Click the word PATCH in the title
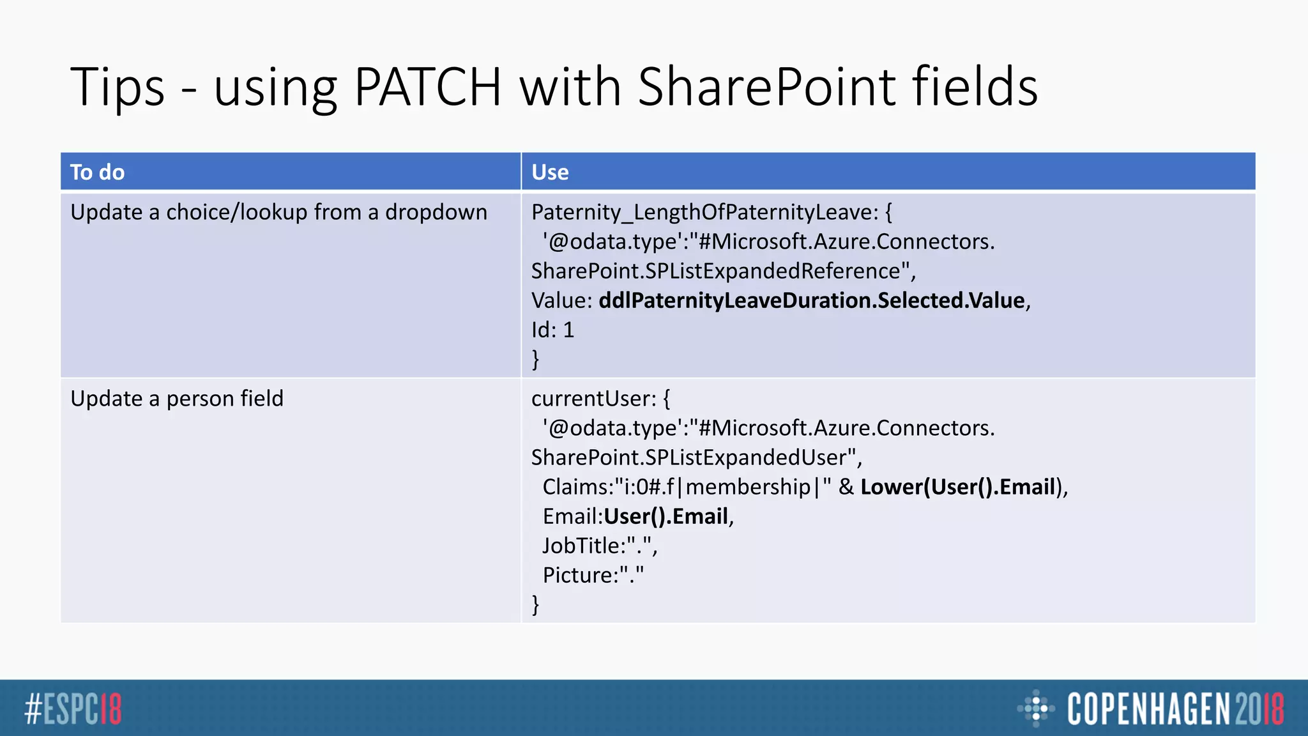[x=427, y=87]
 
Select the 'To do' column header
[x=98, y=172]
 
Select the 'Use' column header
[x=550, y=172]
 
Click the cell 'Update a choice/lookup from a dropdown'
[x=278, y=212]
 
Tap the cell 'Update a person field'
[x=177, y=399]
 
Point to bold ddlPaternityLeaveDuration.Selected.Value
[x=811, y=300]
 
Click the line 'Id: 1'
[x=553, y=330]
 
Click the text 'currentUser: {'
[x=600, y=399]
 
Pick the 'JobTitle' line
[x=599, y=546]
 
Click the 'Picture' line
[x=593, y=575]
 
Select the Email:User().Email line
[x=637, y=516]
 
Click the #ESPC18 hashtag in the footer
[x=73, y=709]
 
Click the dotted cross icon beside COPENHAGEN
[x=1035, y=709]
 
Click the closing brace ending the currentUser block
[x=536, y=604]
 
